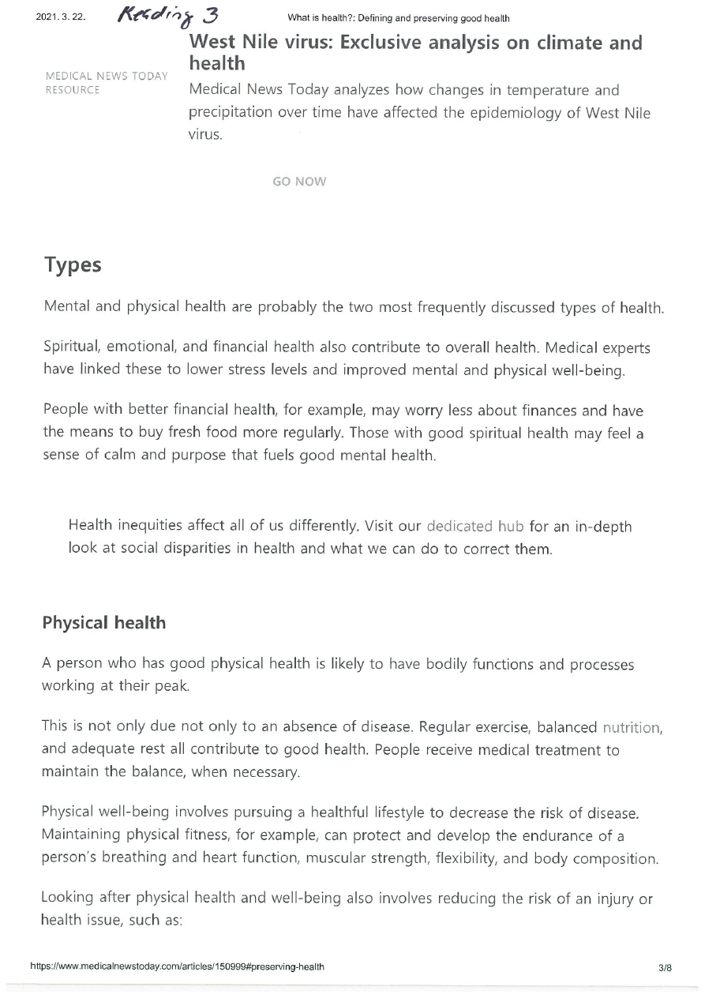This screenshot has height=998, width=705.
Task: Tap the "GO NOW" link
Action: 298,182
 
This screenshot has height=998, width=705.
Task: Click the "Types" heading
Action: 73,265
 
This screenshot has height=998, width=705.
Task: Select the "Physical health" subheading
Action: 103,623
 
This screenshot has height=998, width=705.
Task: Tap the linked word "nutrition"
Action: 632,727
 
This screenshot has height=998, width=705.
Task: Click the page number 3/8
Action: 664,967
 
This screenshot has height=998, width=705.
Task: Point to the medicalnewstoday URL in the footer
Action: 177,967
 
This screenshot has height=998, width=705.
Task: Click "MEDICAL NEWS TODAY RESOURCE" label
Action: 107,83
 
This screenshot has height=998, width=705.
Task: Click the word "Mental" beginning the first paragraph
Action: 66,307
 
